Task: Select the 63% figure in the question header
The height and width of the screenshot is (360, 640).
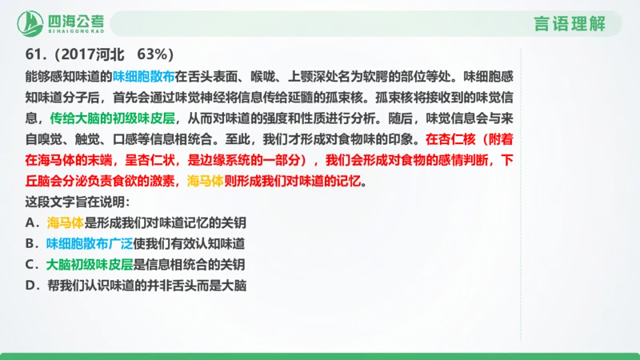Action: [156, 54]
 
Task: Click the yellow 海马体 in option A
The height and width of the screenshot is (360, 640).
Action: [65, 222]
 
